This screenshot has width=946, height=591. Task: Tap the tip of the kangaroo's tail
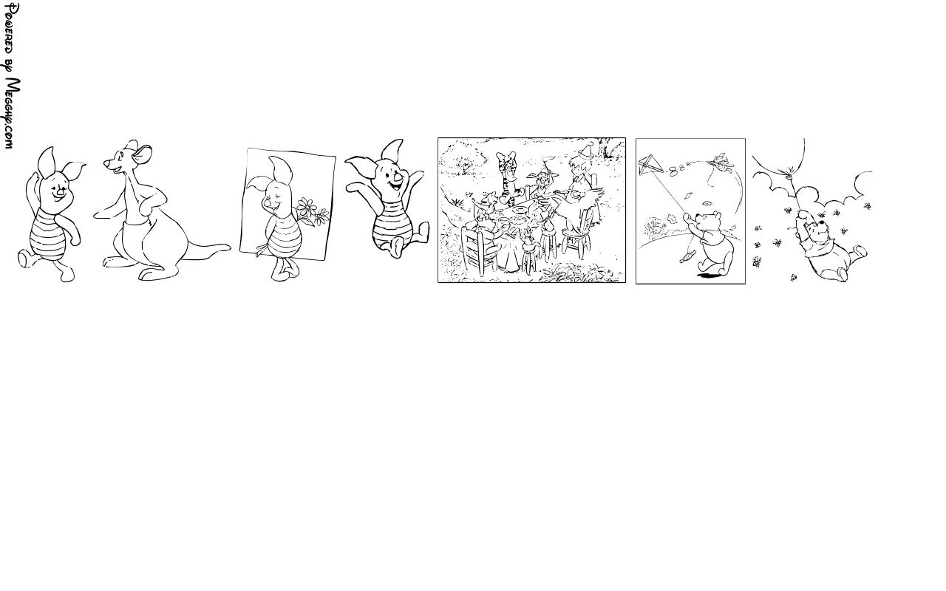(x=228, y=247)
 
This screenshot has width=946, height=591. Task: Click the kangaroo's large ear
(x=143, y=154)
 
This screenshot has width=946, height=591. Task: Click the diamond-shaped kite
(x=651, y=166)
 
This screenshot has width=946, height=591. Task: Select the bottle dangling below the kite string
(x=687, y=256)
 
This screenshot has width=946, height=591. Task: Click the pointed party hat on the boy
(x=587, y=150)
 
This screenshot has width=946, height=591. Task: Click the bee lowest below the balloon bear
(x=794, y=277)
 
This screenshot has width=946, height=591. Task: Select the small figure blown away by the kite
(x=721, y=163)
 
